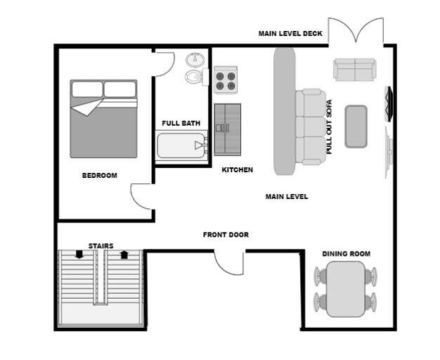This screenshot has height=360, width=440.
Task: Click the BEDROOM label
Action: (x=99, y=175)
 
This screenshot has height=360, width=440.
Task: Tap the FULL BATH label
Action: (x=181, y=123)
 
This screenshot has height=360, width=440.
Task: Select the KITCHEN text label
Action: (x=237, y=170)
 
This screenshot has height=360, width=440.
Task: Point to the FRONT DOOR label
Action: (x=226, y=235)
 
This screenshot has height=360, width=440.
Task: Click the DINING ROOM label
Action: (x=346, y=254)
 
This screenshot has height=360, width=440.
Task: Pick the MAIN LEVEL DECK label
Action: (x=290, y=33)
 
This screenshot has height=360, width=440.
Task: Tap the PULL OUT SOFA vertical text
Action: (x=328, y=127)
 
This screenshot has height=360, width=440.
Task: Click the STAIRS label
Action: (x=101, y=246)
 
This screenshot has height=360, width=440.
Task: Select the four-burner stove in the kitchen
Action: (x=225, y=79)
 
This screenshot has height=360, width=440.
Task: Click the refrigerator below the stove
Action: (x=227, y=129)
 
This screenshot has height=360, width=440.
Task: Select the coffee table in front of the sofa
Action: (x=356, y=126)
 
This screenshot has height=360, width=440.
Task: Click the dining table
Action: (x=344, y=288)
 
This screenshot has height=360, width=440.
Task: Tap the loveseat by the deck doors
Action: (x=354, y=70)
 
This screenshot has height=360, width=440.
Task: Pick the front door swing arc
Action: (x=228, y=264)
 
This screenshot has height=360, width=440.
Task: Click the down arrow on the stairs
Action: (x=79, y=255)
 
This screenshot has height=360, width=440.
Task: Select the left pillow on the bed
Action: (x=86, y=89)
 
